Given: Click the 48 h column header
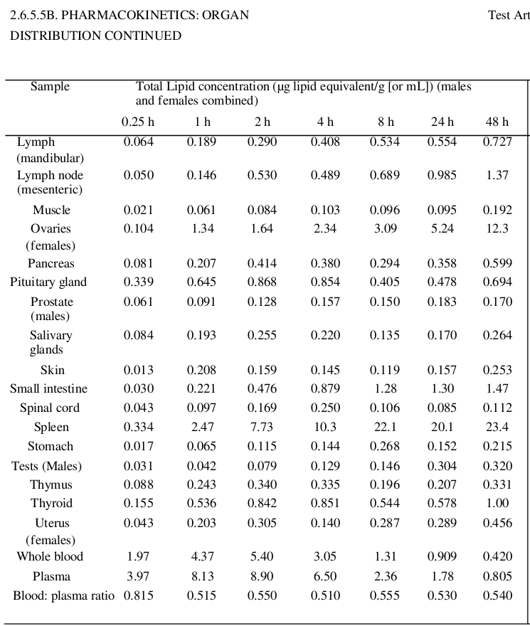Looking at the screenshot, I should [497, 122].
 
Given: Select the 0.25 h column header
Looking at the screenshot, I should [138, 122].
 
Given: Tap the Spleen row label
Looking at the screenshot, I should [51, 427].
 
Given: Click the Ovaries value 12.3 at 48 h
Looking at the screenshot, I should [497, 229].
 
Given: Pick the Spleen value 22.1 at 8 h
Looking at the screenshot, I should [384, 427].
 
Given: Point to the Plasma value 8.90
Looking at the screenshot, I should [263, 576].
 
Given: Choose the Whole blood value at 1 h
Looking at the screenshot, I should [202, 556].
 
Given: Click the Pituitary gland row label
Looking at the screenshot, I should [48, 282].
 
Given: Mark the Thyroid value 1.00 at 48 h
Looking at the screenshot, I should [497, 503].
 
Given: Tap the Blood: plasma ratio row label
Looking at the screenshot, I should [63, 595].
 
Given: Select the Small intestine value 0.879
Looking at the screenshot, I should [325, 388].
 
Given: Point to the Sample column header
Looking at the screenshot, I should [50, 87].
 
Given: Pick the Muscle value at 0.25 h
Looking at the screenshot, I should [138, 210].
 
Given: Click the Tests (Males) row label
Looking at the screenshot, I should [46, 466].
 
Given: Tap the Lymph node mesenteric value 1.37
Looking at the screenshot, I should [497, 176].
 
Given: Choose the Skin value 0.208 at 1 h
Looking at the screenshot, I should [202, 370].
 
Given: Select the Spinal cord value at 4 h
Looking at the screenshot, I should [325, 408].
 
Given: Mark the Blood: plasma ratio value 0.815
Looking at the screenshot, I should [138, 595].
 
